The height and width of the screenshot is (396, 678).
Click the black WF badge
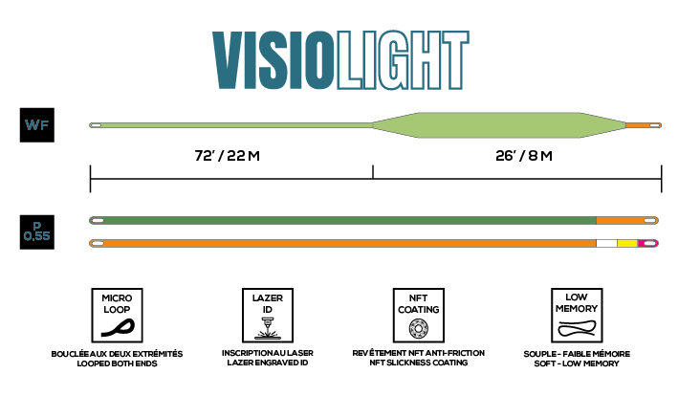click(x=37, y=125)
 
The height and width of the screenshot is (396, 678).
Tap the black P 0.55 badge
click(x=37, y=232)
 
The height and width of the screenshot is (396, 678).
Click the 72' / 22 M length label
click(x=227, y=156)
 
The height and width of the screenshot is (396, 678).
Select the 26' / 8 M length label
click(x=524, y=156)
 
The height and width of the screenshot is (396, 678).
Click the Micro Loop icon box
click(x=118, y=315)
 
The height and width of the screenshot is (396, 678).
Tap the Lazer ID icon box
click(x=268, y=315)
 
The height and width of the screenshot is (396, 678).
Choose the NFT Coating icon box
click(x=419, y=315)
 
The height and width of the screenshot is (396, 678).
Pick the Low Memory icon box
click(x=577, y=315)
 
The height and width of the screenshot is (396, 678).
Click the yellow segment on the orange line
click(x=627, y=243)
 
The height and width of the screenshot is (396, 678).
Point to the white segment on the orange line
click(x=606, y=243)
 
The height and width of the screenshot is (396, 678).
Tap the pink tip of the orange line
click(x=648, y=243)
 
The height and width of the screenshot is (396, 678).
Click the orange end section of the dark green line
click(x=627, y=221)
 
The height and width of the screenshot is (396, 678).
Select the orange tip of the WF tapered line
click(x=644, y=125)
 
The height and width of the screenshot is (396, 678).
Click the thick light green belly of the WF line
click(x=499, y=125)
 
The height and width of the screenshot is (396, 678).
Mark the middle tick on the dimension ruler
click(x=373, y=171)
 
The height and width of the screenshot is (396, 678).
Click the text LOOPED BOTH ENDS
click(x=118, y=363)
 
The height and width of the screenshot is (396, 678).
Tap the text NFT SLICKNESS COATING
click(x=419, y=363)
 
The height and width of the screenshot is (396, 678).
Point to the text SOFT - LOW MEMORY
click(x=577, y=363)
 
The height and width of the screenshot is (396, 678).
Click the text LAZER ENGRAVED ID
click(x=268, y=363)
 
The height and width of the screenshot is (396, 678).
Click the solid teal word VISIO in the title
click(x=273, y=60)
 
